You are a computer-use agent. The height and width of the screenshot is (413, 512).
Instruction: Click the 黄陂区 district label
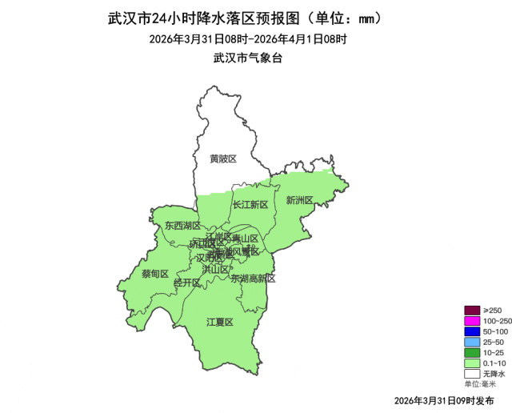[x=223, y=159]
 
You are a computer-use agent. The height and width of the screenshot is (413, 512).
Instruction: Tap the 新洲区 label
[x=299, y=200]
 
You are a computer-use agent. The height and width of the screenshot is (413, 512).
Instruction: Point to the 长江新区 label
[x=250, y=205]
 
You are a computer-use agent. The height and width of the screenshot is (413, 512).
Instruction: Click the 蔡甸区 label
[x=155, y=274]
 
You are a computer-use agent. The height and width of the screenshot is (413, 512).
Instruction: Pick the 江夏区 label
[x=219, y=323]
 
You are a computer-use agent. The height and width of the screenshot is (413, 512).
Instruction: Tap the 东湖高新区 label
[x=253, y=279]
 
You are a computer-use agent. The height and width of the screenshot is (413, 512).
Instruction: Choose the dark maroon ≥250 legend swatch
[x=472, y=311]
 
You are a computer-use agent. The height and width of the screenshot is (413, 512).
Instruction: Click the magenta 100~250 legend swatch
[x=472, y=321]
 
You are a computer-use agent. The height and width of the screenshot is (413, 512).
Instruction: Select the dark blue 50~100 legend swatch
[x=472, y=331]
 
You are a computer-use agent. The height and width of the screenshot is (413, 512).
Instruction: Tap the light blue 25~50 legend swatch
[x=472, y=342]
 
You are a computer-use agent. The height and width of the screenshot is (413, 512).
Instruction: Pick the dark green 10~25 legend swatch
[x=472, y=352]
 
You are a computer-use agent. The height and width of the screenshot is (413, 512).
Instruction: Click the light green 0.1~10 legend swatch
[x=472, y=363]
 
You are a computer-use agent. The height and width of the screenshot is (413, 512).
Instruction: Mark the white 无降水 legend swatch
[x=472, y=373]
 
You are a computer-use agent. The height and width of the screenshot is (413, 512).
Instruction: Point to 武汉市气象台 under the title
[x=248, y=58]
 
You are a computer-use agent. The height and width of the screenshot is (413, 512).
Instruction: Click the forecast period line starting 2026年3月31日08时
[x=248, y=39]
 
